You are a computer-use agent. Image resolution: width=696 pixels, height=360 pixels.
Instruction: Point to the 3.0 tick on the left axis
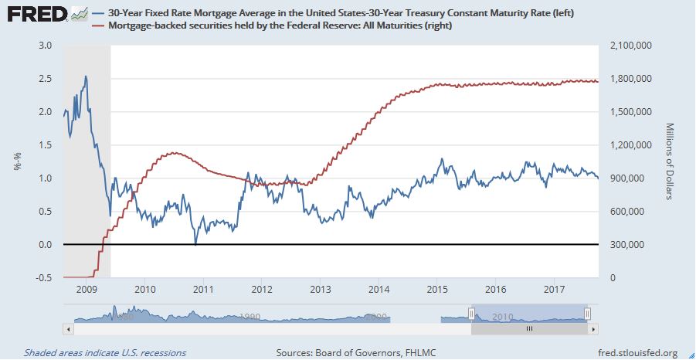46,46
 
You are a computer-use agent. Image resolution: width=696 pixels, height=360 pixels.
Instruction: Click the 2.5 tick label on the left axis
46,79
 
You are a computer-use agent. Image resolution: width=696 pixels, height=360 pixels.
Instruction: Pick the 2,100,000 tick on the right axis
632,46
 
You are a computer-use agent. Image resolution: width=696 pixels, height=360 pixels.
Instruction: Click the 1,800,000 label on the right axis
632,79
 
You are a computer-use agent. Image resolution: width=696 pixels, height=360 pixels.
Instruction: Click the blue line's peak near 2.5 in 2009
85,76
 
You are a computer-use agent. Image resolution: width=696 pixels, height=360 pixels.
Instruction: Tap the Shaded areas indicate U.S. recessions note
104,353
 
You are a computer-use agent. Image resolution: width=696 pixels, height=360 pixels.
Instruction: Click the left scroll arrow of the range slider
69,328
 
